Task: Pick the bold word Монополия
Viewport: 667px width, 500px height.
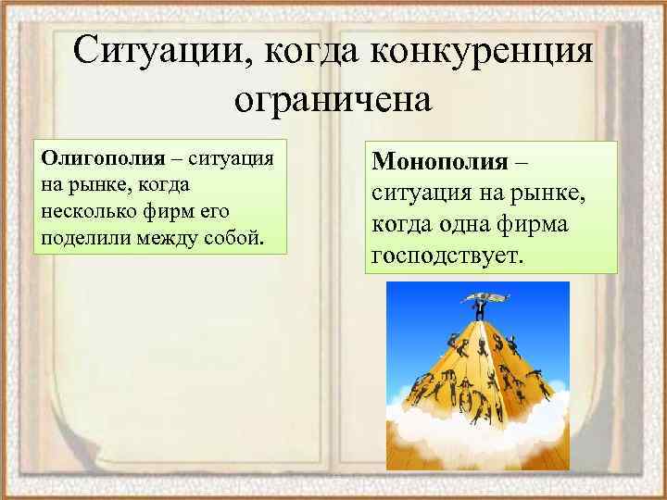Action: pos(440,162)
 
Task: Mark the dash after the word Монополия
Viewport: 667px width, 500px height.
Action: pos(522,163)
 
